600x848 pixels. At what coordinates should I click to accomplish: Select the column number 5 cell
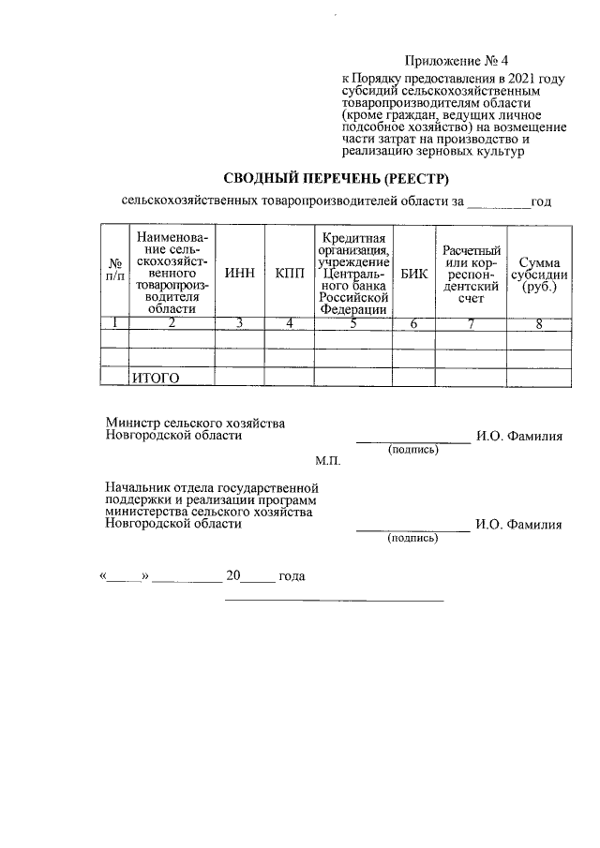[352, 324]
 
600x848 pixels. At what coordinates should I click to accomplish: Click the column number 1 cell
[114, 324]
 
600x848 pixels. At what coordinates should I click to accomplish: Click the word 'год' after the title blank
[541, 201]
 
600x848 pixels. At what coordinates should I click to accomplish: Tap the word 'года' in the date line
[292, 575]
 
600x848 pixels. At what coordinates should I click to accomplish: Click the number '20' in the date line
[232, 575]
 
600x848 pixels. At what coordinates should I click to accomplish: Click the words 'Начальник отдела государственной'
[212, 488]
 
